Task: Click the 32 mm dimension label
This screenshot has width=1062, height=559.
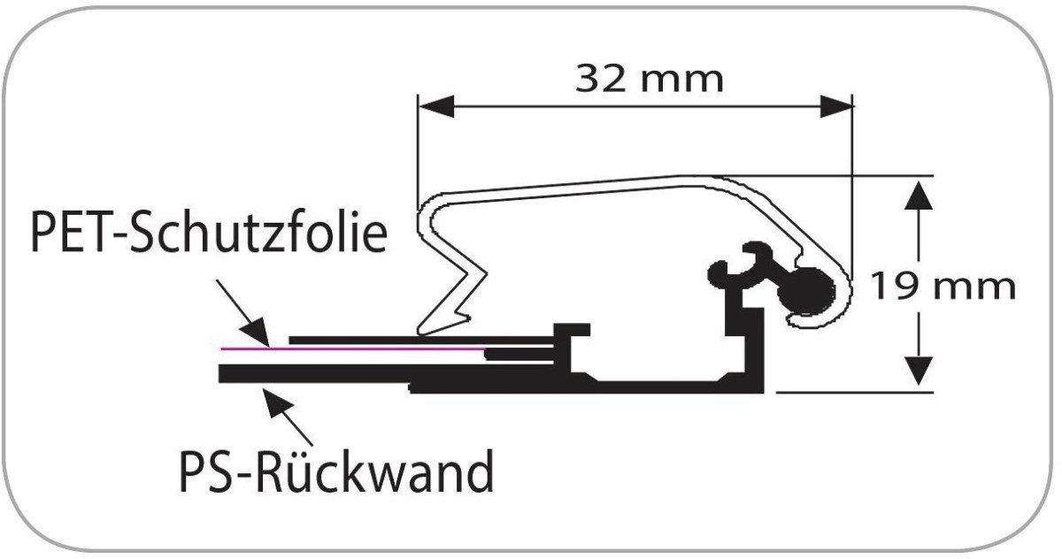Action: coord(650,79)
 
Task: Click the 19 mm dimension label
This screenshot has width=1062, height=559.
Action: coord(942,287)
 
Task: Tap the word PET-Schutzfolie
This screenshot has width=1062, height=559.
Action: coord(209,233)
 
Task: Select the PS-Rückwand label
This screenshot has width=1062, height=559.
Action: coord(336,472)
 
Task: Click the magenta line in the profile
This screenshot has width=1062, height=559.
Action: coord(354,348)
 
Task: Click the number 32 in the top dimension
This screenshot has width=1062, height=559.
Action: coord(599,79)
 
